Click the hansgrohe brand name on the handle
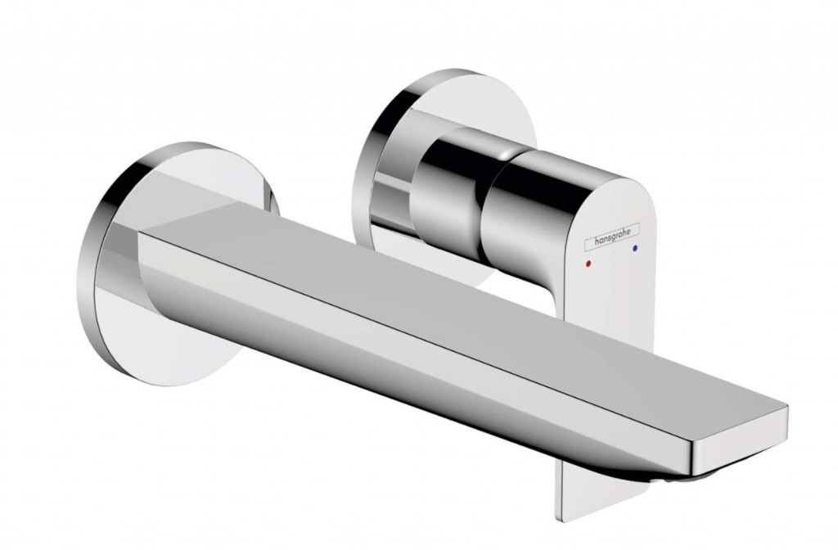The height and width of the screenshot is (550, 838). click(x=612, y=237)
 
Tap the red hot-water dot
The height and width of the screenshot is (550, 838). click(x=589, y=264)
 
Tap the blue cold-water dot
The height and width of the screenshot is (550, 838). click(x=635, y=248)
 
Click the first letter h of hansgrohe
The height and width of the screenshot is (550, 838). click(x=597, y=241)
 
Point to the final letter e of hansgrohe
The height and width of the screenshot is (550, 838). click(x=629, y=232)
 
